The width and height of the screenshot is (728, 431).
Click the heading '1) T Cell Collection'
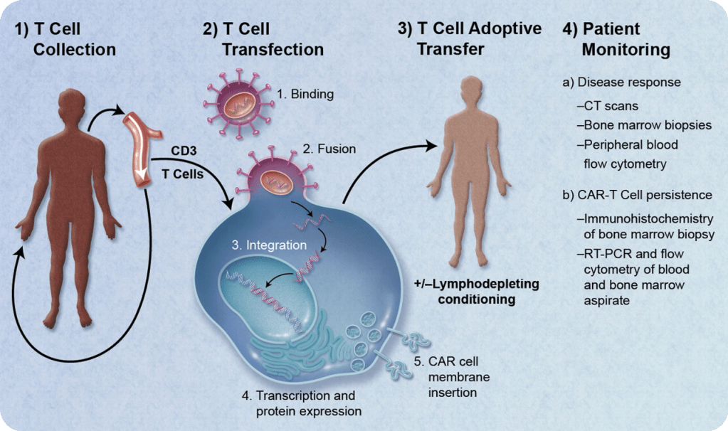(65, 39)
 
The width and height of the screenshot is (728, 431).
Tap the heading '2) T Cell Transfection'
(263, 39)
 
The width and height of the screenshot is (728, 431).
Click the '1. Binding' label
(305, 93)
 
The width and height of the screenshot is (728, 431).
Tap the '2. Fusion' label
(329, 149)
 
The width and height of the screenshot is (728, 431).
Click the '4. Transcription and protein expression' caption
(301, 403)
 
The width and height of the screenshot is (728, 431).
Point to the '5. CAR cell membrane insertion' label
(448, 373)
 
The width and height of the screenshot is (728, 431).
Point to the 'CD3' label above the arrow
(184, 151)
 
